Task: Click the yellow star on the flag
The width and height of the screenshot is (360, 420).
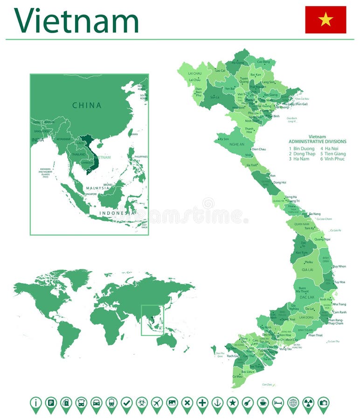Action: (325, 20)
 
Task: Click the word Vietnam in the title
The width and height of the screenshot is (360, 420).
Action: (76, 21)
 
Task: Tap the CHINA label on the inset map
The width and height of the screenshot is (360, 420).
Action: (87, 105)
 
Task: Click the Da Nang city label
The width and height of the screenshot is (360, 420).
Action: (315, 214)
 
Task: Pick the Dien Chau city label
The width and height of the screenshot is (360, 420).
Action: (258, 149)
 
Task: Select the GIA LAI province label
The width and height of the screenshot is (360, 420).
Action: (307, 270)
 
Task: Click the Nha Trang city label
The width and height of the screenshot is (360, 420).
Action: (339, 304)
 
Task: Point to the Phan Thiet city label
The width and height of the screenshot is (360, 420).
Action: (315, 335)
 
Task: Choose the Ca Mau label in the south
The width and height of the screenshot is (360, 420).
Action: (237, 376)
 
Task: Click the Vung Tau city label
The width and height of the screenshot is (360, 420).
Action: (285, 349)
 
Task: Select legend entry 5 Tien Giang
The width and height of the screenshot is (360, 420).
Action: (333, 154)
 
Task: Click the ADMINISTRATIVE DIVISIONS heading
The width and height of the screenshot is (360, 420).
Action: (317, 141)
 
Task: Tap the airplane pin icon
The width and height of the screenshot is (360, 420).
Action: (157, 403)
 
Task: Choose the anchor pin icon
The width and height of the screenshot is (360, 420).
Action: (217, 403)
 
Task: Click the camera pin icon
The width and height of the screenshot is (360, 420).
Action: (323, 403)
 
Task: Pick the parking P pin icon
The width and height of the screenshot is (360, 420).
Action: (51, 403)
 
